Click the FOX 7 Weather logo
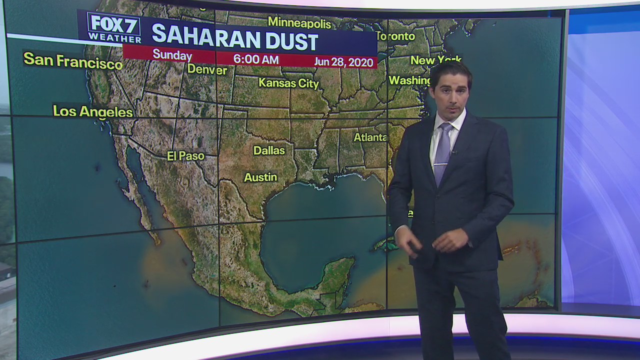coord(113,28)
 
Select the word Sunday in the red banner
coord(172,55)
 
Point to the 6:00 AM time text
coord(256,59)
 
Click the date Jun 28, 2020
coord(344,62)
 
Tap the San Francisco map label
coord(73,60)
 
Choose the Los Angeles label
coord(93,111)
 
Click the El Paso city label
coord(185,156)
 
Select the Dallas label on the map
coord(269,150)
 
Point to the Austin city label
coord(260,177)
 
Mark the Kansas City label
coord(288,83)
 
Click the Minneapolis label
coord(299,23)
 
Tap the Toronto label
coord(395,36)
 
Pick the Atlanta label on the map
coord(370,137)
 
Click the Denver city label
coord(207,70)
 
